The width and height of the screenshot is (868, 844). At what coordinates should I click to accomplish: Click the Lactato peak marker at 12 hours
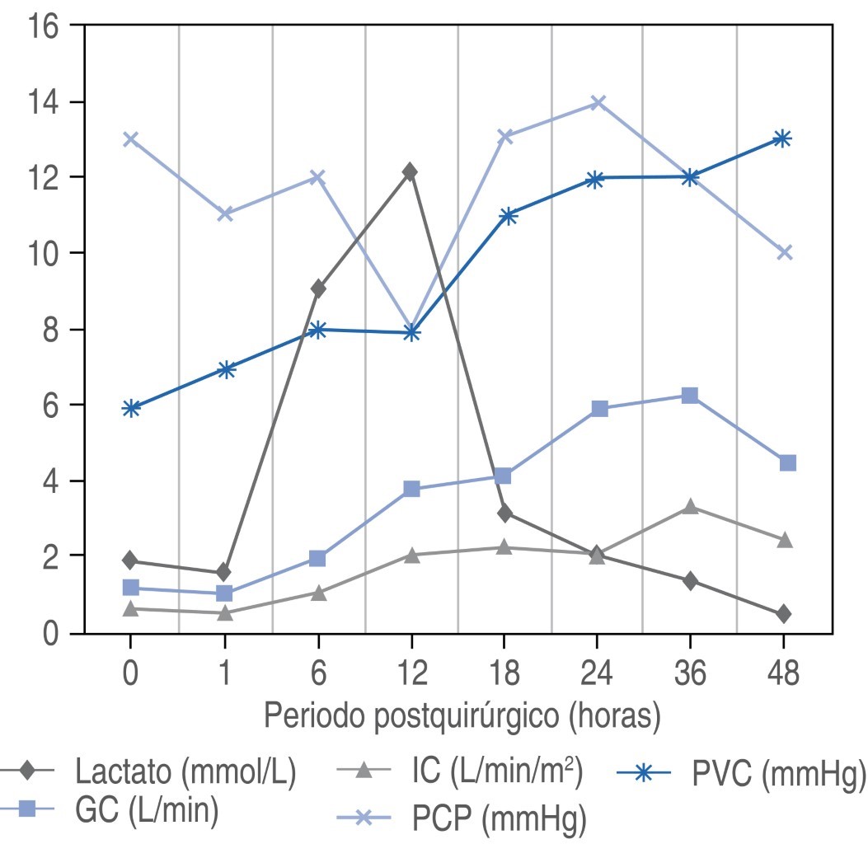click(410, 171)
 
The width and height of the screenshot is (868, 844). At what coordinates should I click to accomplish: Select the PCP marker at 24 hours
click(598, 102)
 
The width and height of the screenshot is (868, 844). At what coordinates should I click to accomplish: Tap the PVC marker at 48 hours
click(782, 138)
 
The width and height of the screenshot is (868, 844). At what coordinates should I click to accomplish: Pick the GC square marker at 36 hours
click(690, 396)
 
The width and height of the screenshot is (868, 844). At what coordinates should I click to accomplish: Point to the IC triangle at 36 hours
click(690, 506)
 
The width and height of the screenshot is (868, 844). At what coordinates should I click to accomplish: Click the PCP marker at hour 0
click(129, 138)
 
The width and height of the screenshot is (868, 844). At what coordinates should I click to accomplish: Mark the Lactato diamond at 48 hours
click(783, 614)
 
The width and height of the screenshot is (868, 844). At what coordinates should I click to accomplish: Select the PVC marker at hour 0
click(130, 408)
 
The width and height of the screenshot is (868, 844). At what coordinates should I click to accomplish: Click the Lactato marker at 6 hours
click(317, 288)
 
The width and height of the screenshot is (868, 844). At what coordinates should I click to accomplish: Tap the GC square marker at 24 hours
click(599, 409)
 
